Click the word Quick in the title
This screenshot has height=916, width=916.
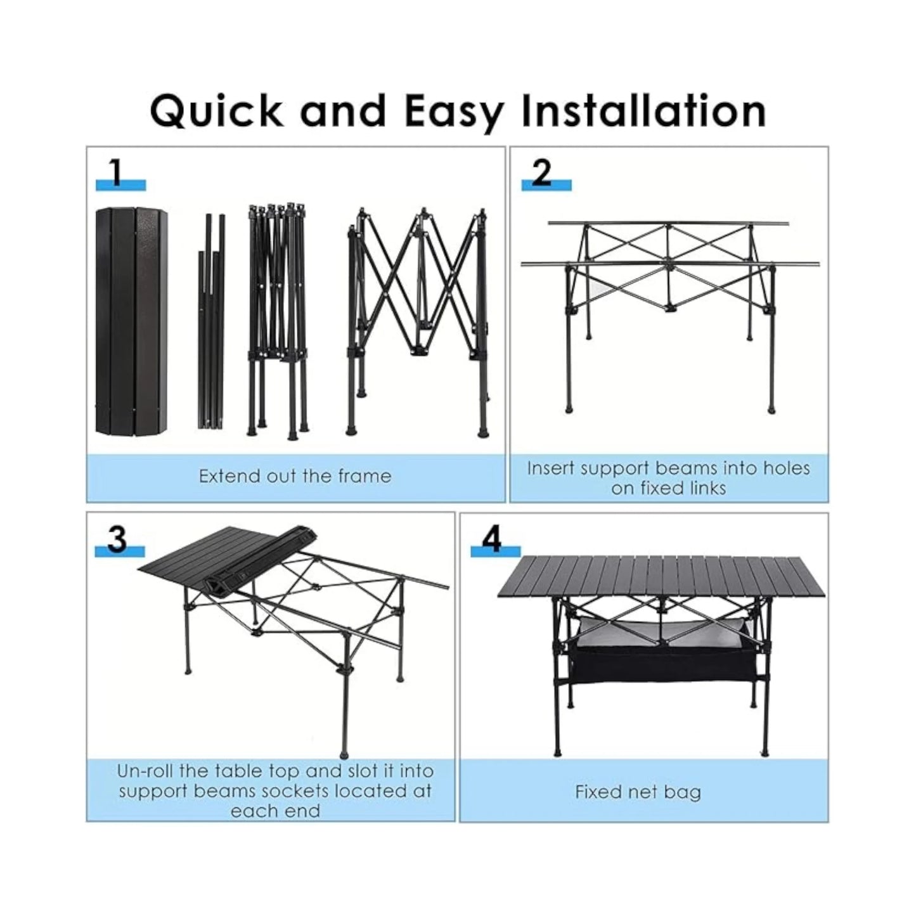[216, 112]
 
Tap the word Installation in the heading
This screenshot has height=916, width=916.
[643, 110]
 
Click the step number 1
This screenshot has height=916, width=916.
[115, 172]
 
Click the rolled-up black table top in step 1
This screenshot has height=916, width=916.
[132, 321]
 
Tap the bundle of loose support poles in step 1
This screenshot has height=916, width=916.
[211, 323]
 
